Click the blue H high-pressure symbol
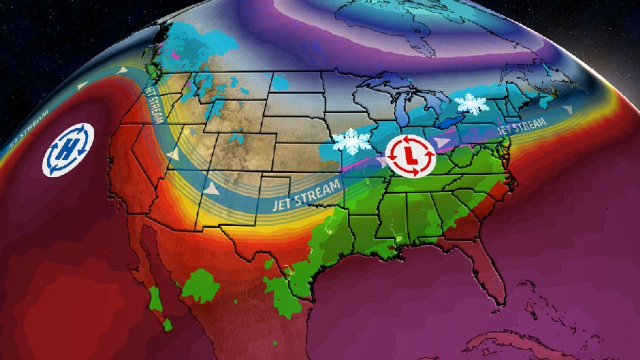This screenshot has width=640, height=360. (68, 150)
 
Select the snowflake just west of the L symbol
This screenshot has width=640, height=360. (351, 141)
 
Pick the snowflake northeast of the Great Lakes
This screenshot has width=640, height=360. (473, 103)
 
